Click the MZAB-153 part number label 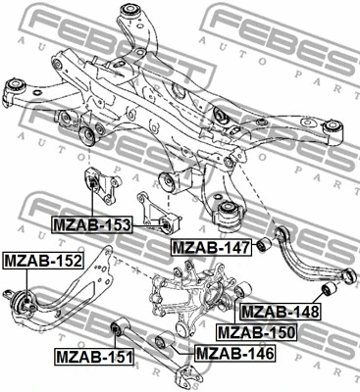point(91,225)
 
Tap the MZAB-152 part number point(42,261)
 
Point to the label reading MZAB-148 point(281,312)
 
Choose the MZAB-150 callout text point(256,332)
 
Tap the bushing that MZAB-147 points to point(264,244)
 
